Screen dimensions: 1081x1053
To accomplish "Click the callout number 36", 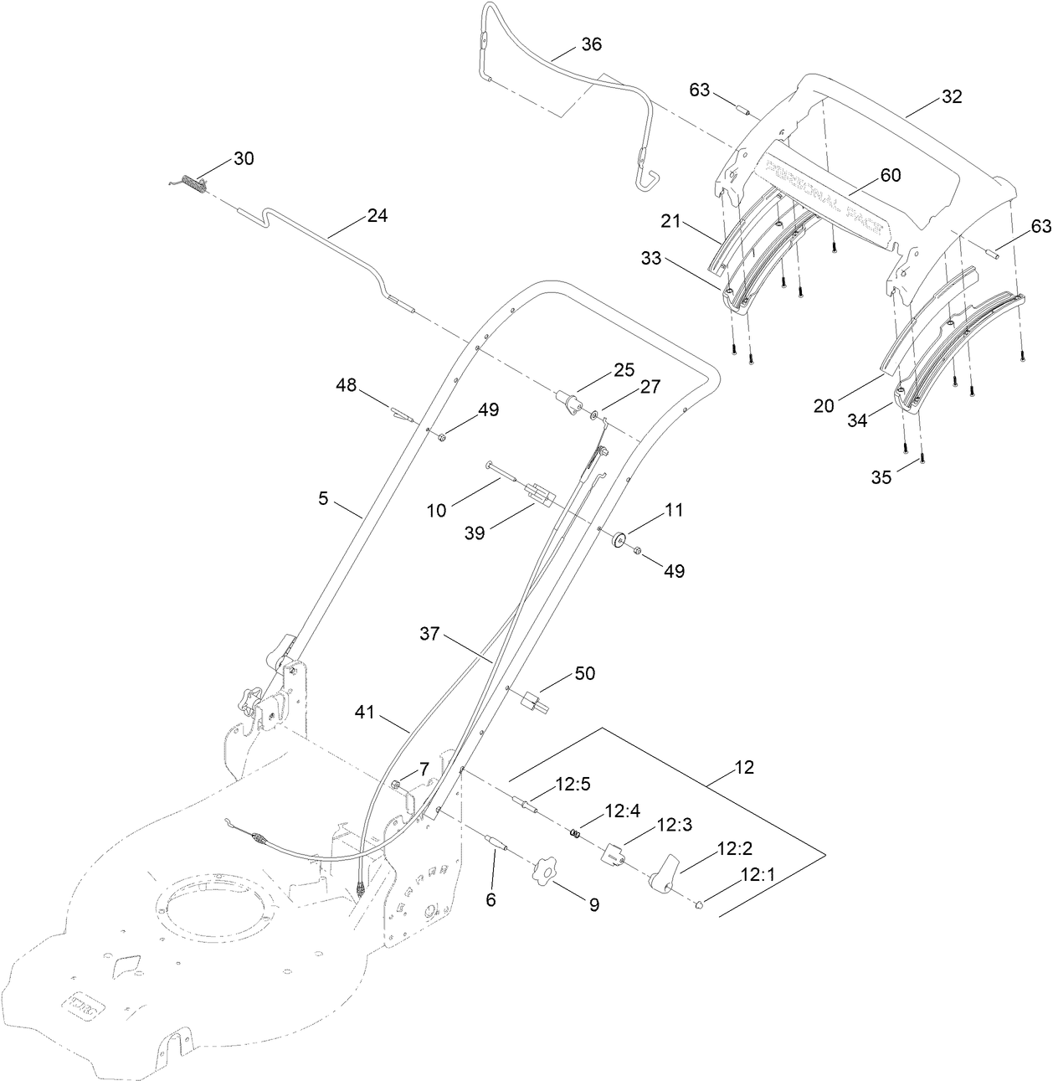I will click(591, 44).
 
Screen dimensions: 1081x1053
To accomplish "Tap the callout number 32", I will click(952, 96).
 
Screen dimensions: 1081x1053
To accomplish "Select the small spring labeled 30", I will click(195, 184).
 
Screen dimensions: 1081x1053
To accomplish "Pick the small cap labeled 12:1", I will click(698, 903).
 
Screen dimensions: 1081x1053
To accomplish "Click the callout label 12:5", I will click(573, 785).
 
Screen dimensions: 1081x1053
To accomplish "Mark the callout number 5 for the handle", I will click(323, 498).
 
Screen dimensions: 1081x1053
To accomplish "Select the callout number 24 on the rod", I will click(378, 215).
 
